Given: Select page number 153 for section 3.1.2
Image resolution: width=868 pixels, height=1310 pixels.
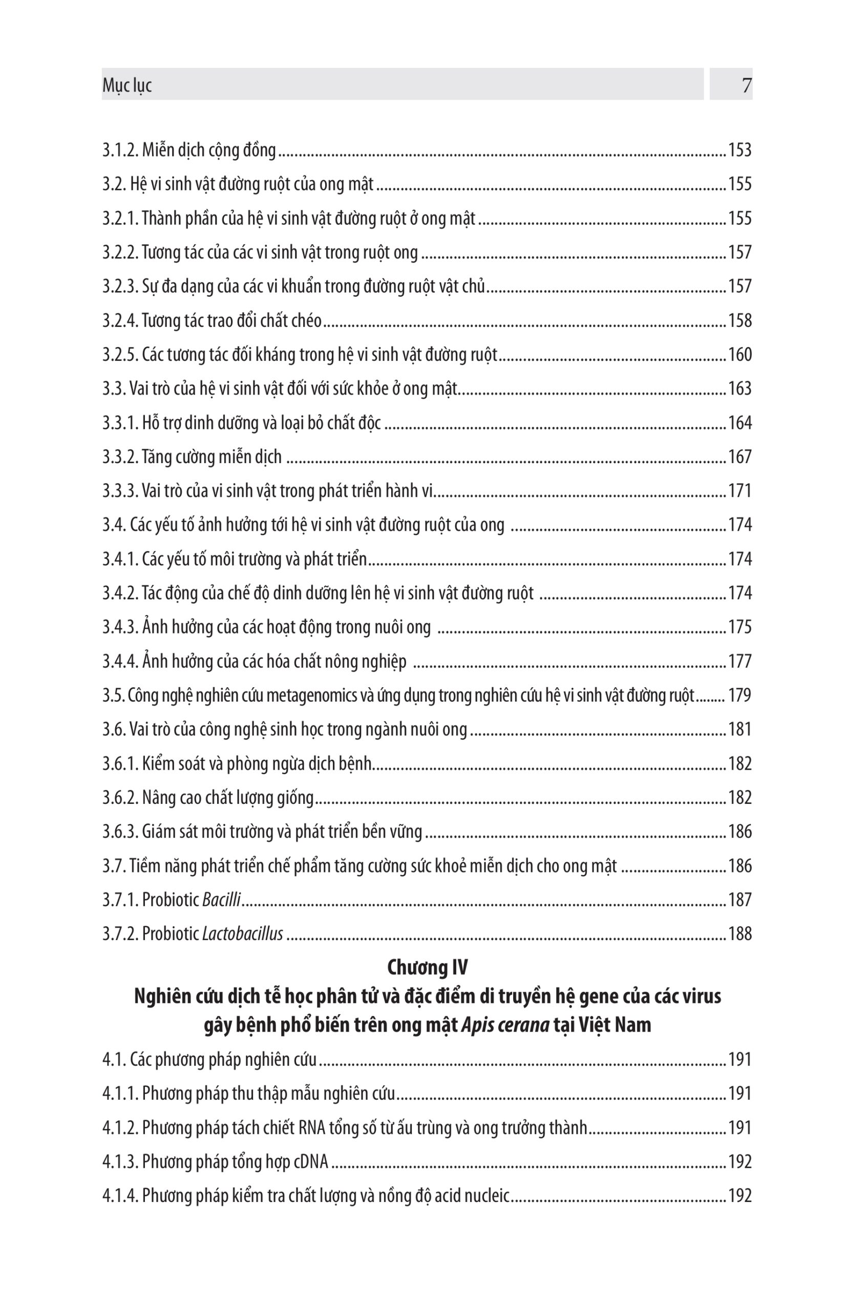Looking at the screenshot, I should pos(740,150).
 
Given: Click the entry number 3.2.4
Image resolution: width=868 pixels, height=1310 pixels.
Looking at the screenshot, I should pos(120,320).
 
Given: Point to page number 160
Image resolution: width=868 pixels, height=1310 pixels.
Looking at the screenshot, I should pos(740,355).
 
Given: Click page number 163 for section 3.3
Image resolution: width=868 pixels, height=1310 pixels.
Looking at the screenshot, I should pos(740,388).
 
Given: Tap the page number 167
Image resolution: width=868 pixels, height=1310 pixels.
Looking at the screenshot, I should pos(740,457).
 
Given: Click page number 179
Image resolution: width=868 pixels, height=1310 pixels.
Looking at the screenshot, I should pos(740,695).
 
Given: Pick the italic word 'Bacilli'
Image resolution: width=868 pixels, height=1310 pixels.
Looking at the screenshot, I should pos(221,900).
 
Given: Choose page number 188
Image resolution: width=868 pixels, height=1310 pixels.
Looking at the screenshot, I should pos(740,934).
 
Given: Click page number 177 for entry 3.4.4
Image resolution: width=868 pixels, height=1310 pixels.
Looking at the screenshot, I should pos(740,661).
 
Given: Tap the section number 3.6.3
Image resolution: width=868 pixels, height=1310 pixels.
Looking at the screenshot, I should pos(120,832).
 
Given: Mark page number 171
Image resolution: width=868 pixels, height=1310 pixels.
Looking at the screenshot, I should pos(740,491).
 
